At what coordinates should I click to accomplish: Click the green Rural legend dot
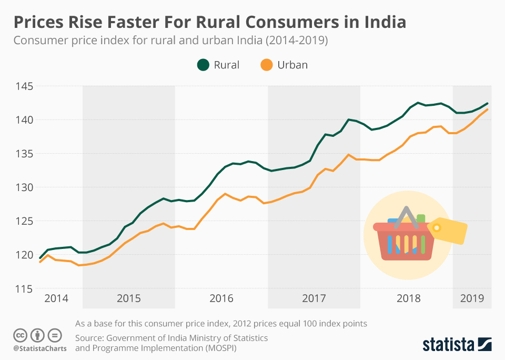coord(203,65)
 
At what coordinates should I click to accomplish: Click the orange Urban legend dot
coord(267,65)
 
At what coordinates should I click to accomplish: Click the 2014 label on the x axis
coord(56,298)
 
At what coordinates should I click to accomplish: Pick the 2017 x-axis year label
coord(314,298)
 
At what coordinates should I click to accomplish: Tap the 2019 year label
coord(472,298)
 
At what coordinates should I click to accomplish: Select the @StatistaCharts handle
coord(40,348)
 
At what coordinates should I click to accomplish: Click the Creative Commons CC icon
coord(20,335)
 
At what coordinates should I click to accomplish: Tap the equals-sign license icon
coord(55,335)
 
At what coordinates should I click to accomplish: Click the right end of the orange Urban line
coord(488,109)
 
